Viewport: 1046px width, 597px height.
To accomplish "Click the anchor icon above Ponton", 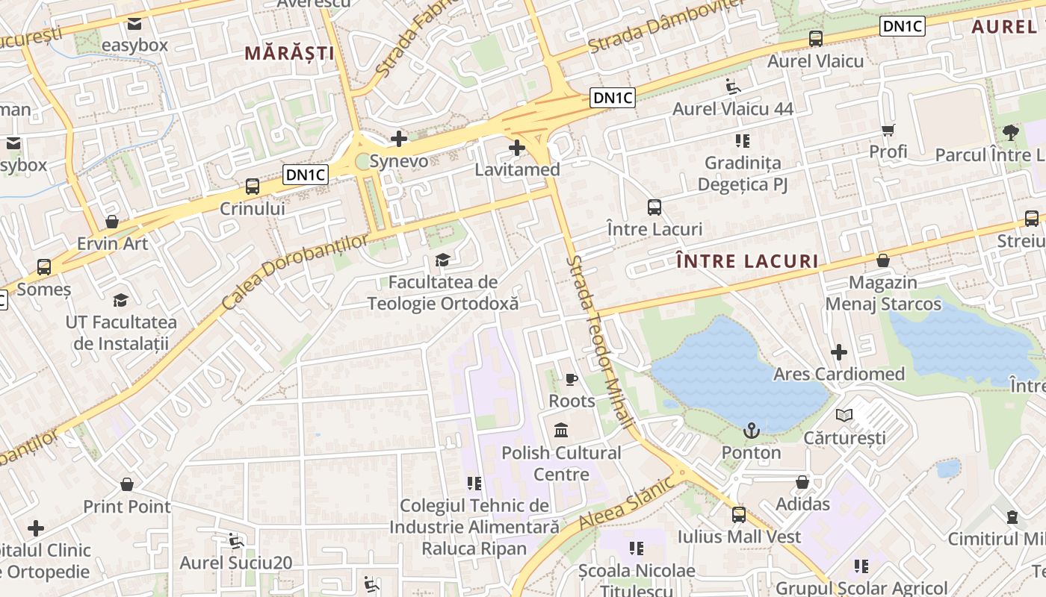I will tap(752, 431).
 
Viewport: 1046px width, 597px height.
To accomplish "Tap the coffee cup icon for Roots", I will tap(572, 380).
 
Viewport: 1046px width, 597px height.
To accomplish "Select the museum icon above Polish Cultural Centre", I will tap(561, 431).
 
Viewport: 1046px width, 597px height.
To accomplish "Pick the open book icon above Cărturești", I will tap(844, 416).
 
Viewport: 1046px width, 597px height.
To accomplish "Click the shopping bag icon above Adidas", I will tap(802, 483).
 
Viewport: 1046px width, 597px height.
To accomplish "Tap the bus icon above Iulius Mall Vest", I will tap(739, 514).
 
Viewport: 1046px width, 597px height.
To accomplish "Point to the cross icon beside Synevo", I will tap(399, 139).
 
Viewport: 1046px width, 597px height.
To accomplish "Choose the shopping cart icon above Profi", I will tap(888, 131).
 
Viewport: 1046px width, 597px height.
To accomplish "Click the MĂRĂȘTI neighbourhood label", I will tap(289, 53).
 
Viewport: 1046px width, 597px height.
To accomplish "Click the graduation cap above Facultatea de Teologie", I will tap(443, 260).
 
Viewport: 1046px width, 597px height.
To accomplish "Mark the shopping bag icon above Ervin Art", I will tap(112, 222).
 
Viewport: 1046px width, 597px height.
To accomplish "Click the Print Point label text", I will tap(127, 507).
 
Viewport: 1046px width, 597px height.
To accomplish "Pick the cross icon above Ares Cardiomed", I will tap(839, 351).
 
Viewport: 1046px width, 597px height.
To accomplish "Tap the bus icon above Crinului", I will tap(253, 187).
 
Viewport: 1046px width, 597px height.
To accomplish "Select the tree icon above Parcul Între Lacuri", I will tap(1010, 133).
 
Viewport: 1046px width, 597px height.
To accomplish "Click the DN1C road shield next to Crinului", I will tap(306, 175).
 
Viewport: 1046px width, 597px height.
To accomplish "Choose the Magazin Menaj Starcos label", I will tap(883, 293).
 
